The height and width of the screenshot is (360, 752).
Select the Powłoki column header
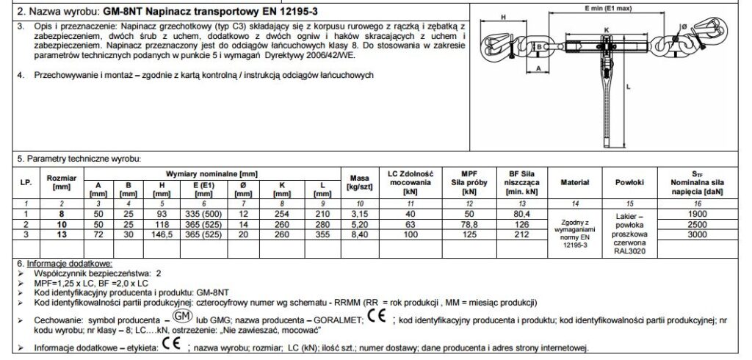[x=626, y=181]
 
